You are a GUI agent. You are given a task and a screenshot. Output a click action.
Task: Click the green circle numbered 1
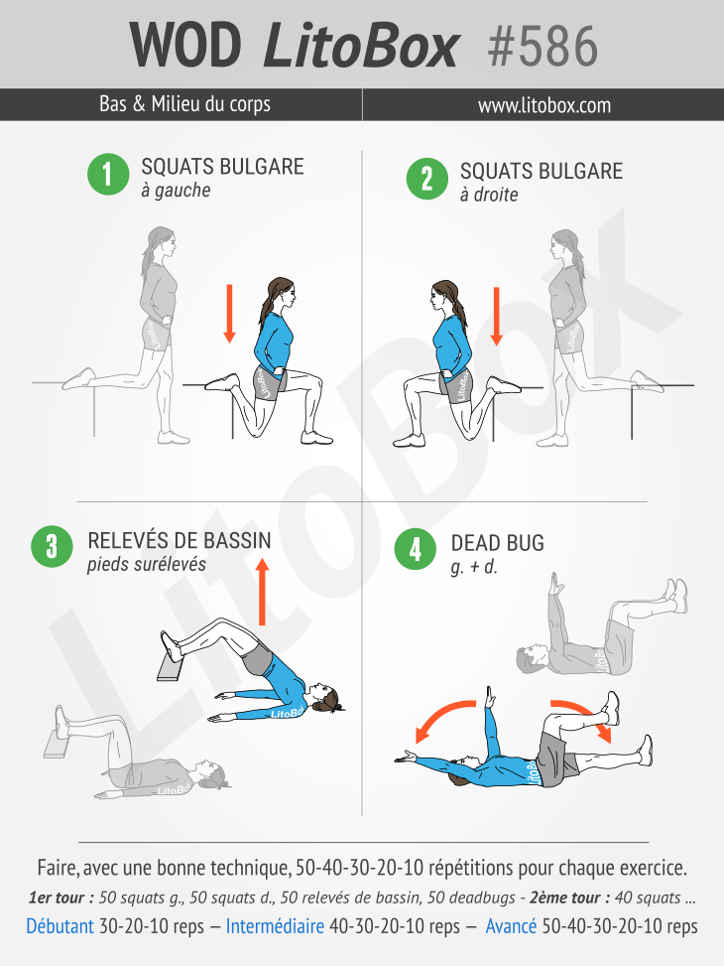tap(108, 174)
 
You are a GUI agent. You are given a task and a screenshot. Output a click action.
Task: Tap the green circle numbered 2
tap(427, 179)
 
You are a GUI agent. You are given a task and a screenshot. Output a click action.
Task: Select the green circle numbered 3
tap(53, 546)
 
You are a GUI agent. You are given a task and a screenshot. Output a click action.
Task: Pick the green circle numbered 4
tap(416, 549)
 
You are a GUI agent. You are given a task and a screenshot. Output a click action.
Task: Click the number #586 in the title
tap(543, 47)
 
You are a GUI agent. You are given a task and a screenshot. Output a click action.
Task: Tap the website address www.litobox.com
tap(544, 105)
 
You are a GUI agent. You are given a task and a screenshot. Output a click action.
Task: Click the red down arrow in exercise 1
tap(230, 314)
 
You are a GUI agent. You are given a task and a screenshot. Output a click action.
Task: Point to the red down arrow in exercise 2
tap(496, 317)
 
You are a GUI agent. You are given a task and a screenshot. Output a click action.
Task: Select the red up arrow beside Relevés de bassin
tap(263, 592)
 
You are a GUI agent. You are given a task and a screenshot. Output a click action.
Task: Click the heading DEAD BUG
tap(498, 543)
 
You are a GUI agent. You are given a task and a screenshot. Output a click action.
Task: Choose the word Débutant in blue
tap(60, 926)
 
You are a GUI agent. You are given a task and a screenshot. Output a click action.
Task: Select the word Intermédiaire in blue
tap(275, 926)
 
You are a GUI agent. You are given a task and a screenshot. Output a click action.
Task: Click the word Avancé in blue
tap(511, 926)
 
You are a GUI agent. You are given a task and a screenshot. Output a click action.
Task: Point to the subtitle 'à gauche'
tap(176, 191)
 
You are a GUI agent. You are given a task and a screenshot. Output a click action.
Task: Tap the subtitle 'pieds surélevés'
tap(147, 564)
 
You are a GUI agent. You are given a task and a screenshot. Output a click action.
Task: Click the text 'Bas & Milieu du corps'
tap(184, 103)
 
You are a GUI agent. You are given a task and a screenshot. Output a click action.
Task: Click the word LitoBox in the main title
tap(361, 47)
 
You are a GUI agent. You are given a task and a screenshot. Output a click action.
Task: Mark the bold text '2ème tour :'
tap(569, 897)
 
